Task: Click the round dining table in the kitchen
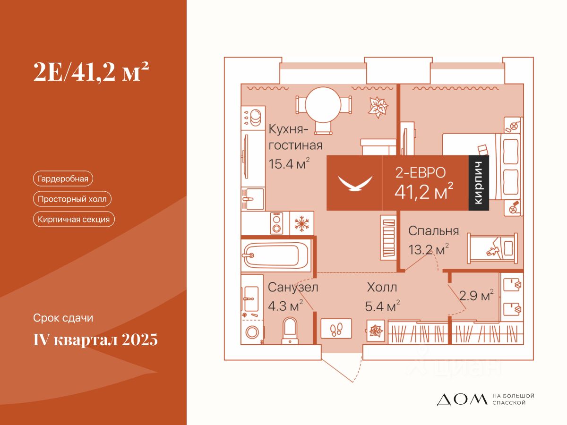pyautogui.click(x=323, y=105)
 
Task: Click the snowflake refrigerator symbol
pyautogui.click(x=301, y=223)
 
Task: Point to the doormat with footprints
pyautogui.click(x=336, y=329)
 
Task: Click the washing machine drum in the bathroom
pyautogui.click(x=252, y=332)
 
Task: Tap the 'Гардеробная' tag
pyautogui.click(x=63, y=178)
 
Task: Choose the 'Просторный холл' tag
pyautogui.click(x=72, y=199)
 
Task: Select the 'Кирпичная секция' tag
pyautogui.click(x=74, y=219)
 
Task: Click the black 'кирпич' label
pyautogui.click(x=479, y=183)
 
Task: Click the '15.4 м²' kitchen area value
pyautogui.click(x=289, y=164)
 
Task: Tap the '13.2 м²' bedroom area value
pyautogui.click(x=428, y=249)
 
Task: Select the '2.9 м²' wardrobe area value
pyautogui.click(x=476, y=296)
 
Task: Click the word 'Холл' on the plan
pyautogui.click(x=382, y=288)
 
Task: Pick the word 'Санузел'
pyautogui.click(x=293, y=287)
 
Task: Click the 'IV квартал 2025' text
pyautogui.click(x=95, y=340)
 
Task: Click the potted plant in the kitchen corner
pyautogui.click(x=378, y=107)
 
